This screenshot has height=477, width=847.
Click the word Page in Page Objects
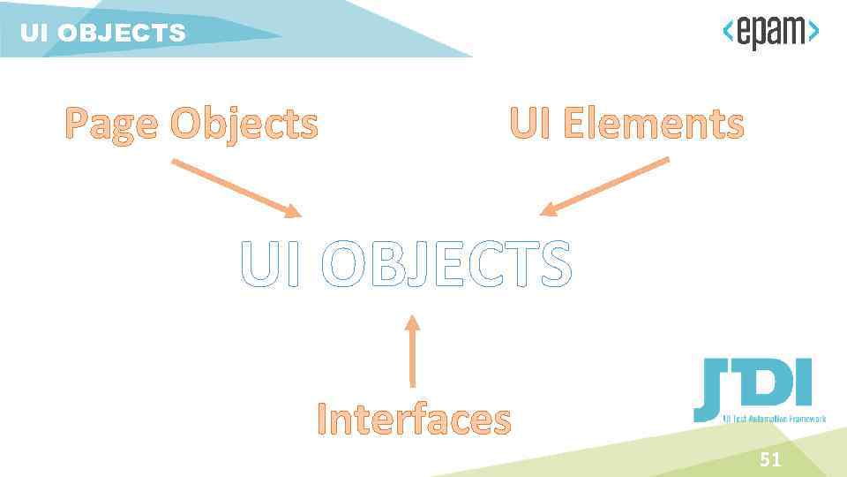coord(112,125)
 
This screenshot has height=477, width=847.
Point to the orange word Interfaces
coord(414,419)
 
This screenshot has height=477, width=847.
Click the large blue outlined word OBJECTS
coord(446,264)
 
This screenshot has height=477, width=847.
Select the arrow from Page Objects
coord(235,187)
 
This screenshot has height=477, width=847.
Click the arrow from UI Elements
coord(604,186)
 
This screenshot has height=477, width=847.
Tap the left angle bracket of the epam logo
coord(728,32)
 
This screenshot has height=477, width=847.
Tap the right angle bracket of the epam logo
coord(813,32)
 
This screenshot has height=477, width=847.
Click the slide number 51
coord(770,459)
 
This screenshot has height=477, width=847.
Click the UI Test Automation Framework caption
coord(774,418)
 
